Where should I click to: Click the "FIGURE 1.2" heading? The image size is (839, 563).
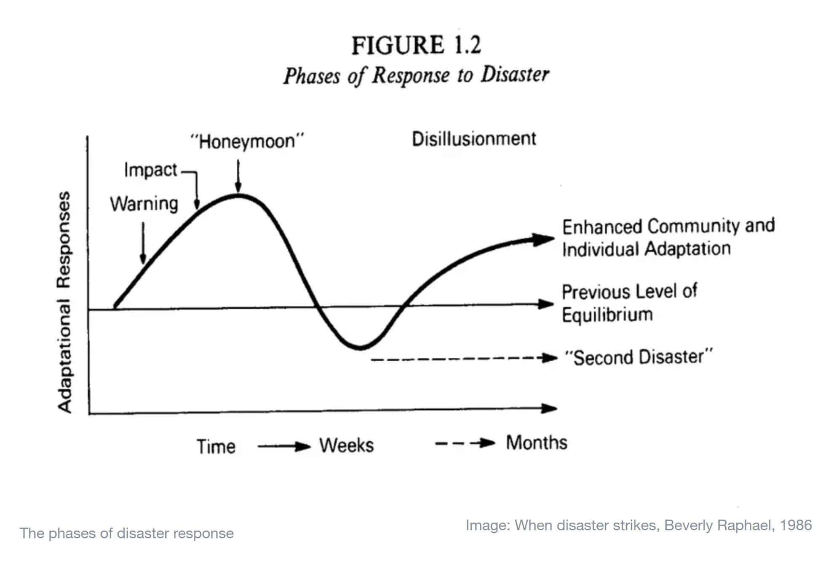tap(416, 45)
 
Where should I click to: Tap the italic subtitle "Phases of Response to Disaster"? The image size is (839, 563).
tap(416, 76)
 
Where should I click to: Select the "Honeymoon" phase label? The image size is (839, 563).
tap(247, 141)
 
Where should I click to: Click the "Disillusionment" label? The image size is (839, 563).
tap(474, 139)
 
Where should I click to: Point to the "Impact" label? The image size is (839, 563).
tap(150, 170)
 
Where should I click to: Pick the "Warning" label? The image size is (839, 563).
tap(144, 204)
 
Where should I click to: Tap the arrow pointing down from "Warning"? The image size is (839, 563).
tap(143, 243)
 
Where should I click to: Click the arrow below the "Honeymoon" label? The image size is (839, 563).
tap(238, 176)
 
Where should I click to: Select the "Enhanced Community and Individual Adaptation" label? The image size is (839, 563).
tap(668, 237)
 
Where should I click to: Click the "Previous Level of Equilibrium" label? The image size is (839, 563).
tap(629, 303)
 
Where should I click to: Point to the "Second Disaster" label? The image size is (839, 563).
tap(639, 357)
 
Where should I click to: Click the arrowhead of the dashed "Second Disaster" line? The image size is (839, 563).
tap(550, 358)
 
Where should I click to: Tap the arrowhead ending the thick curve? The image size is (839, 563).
tap(544, 239)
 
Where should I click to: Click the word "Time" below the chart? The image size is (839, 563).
tap(216, 447)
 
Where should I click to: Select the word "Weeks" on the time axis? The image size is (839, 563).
tap(347, 446)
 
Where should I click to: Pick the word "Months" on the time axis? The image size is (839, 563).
tap(537, 443)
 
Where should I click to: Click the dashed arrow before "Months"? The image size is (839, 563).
tap(465, 443)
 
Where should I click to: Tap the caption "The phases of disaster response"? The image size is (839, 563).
tap(127, 534)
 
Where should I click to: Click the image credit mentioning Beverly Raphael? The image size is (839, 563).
tap(639, 526)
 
